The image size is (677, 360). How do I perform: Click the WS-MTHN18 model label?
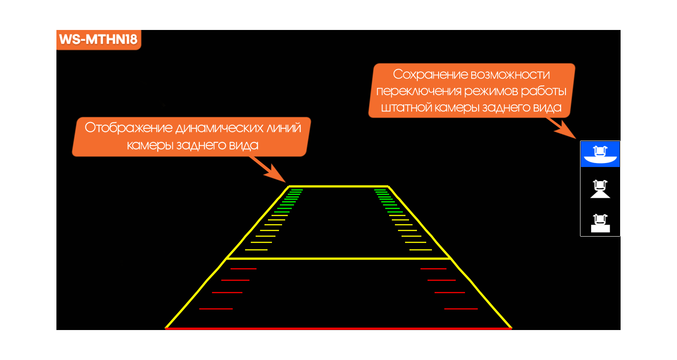tap(98, 39)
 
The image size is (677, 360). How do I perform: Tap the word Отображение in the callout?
tap(128, 128)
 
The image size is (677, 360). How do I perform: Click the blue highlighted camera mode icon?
tap(600, 154)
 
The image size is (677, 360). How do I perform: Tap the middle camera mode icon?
tap(600, 189)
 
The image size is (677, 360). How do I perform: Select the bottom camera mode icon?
tap(600, 223)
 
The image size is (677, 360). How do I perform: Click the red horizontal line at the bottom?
tap(338, 328)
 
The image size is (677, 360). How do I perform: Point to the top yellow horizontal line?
tap(338, 186)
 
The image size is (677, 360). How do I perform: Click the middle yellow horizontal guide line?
tap(338, 258)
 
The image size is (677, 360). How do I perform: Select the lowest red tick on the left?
tap(216, 309)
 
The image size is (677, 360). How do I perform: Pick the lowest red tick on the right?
tap(461, 309)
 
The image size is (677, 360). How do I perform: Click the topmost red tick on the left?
tap(243, 269)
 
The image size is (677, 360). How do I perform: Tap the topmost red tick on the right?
tap(433, 269)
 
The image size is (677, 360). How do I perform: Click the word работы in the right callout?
tap(544, 91)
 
